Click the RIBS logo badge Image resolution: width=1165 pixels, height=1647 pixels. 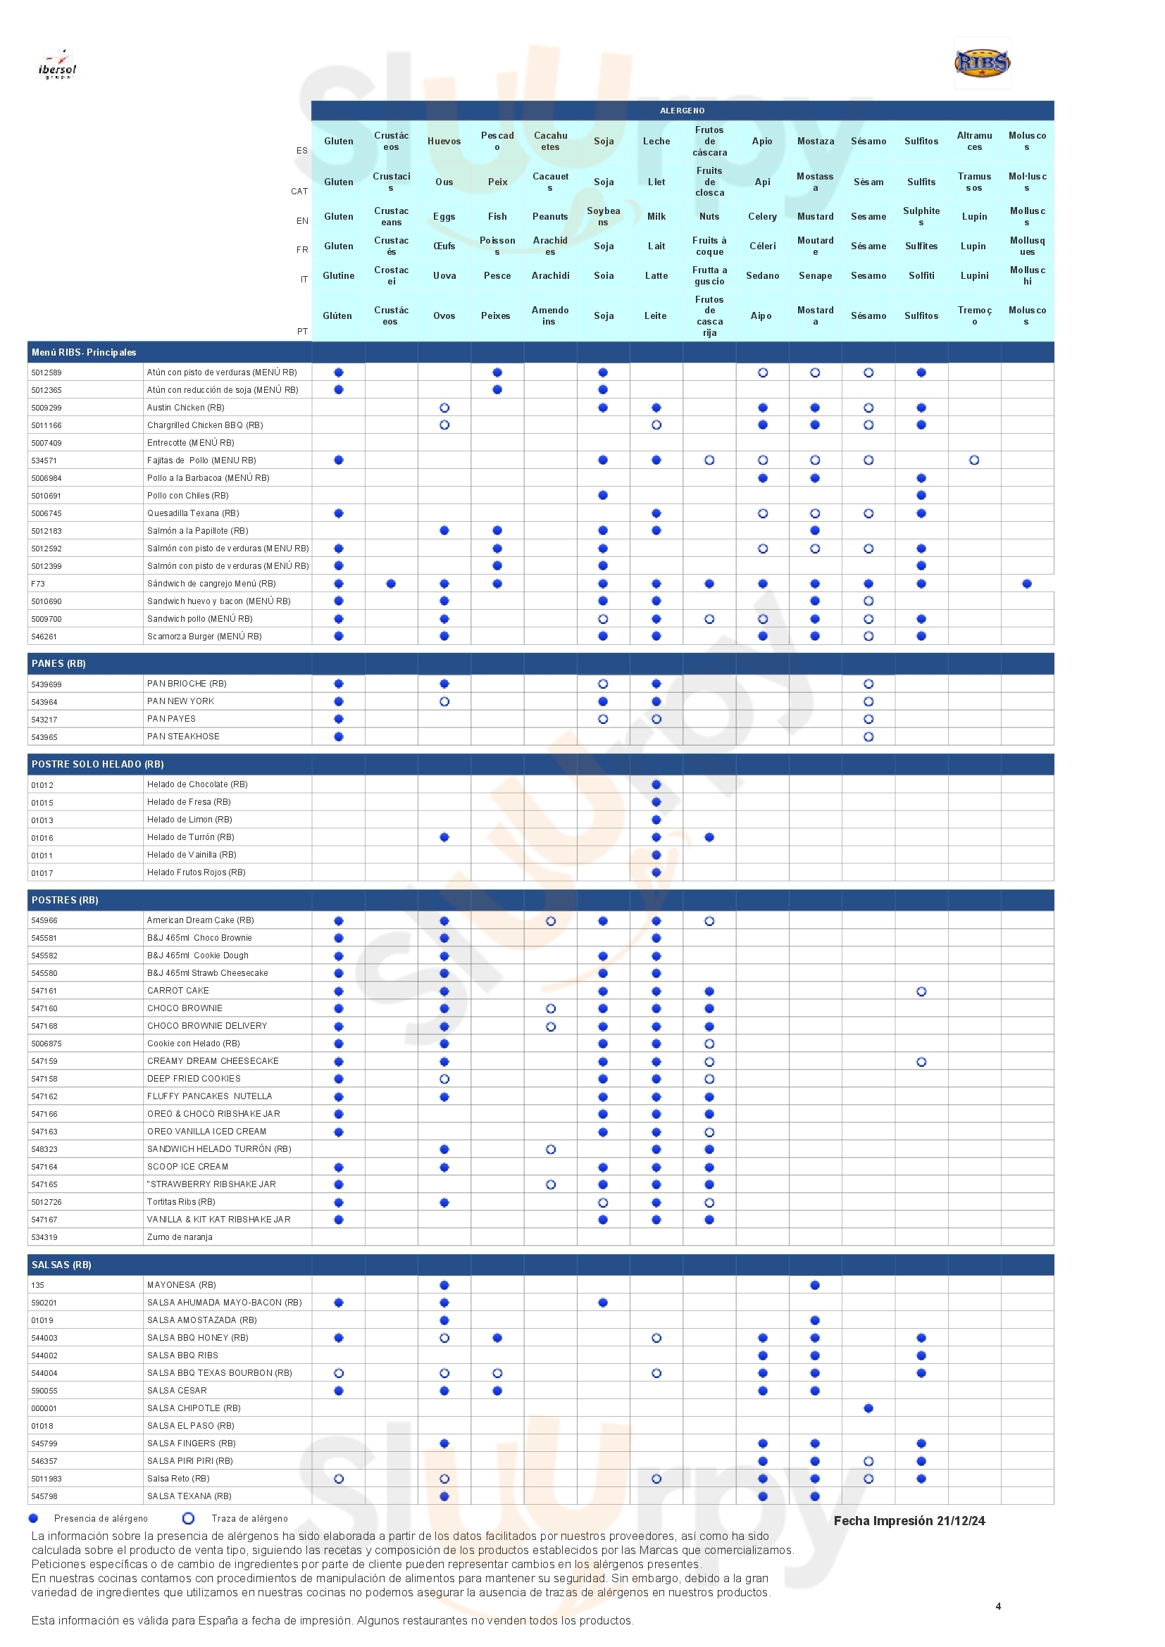(982, 63)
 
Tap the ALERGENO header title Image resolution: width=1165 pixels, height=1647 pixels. (683, 111)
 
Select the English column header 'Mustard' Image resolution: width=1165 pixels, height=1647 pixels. (815, 217)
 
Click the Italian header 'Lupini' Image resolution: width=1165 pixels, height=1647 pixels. (974, 275)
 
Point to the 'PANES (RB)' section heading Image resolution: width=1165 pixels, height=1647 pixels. (59, 663)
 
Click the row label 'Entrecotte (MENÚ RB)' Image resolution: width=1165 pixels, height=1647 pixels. (191, 443)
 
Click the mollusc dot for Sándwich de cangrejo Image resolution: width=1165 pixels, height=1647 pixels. (1026, 584)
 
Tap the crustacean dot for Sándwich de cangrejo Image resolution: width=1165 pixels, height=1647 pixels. (391, 584)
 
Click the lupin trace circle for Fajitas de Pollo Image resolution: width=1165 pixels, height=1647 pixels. (974, 461)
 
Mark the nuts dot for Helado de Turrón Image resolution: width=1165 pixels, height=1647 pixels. (709, 837)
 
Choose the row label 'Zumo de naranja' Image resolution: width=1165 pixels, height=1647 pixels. (180, 1237)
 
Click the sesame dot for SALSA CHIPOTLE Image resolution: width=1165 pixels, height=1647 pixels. (868, 1408)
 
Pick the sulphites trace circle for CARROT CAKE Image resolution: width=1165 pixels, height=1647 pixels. (921, 991)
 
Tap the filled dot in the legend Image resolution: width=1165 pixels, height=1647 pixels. (33, 1519)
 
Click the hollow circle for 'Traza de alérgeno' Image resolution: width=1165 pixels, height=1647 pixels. (189, 1519)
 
